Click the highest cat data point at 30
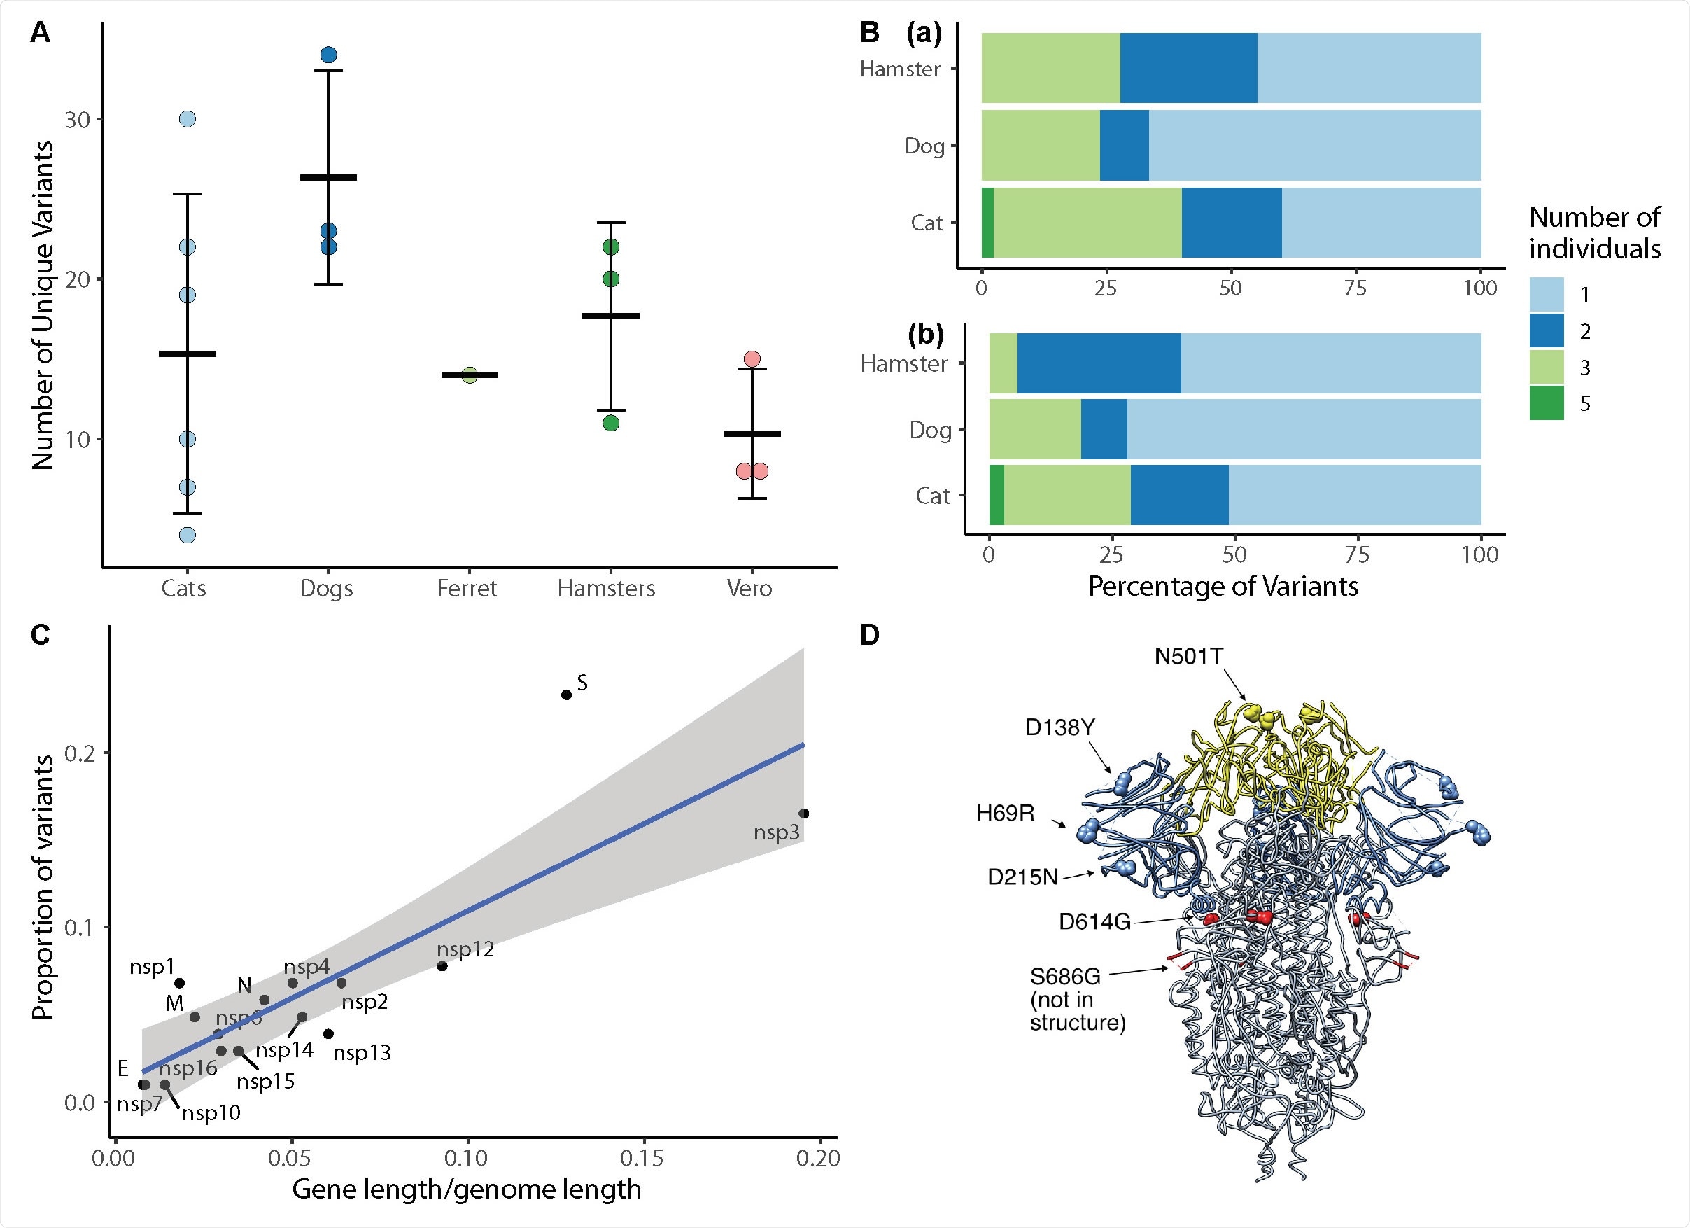click(187, 119)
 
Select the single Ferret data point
click(470, 375)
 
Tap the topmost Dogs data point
click(329, 55)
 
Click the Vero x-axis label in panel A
click(749, 588)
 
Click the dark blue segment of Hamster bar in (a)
click(1188, 68)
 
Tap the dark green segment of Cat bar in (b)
click(997, 495)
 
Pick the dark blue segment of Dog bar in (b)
click(1104, 429)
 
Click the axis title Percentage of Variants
click(1223, 587)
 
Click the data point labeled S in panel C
click(566, 695)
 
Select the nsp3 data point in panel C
click(804, 814)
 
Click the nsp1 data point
click(180, 983)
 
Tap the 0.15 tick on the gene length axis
click(642, 1158)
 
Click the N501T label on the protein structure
click(1188, 656)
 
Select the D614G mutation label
click(1094, 922)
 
